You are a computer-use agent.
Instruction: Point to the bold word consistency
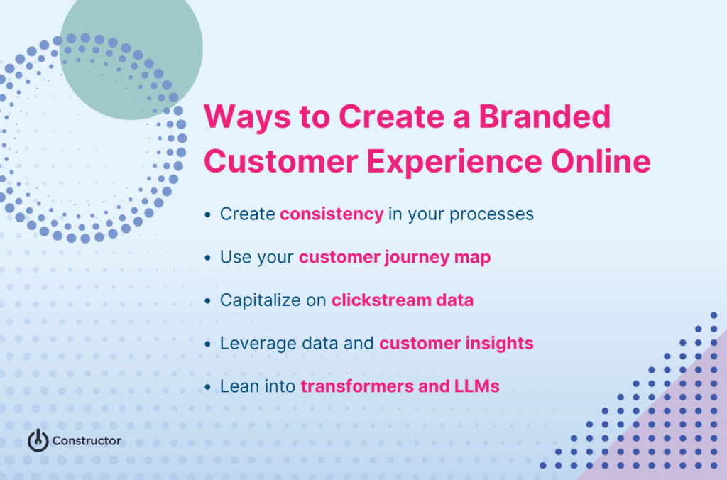click(332, 214)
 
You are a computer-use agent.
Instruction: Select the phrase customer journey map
click(394, 257)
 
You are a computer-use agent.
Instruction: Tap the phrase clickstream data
click(403, 300)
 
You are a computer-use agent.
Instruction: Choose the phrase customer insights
click(456, 344)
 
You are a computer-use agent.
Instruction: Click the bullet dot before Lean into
click(207, 388)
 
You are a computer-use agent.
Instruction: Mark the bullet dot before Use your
click(207, 258)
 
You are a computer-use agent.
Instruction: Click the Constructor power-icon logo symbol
click(38, 440)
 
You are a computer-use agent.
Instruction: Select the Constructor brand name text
click(87, 441)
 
